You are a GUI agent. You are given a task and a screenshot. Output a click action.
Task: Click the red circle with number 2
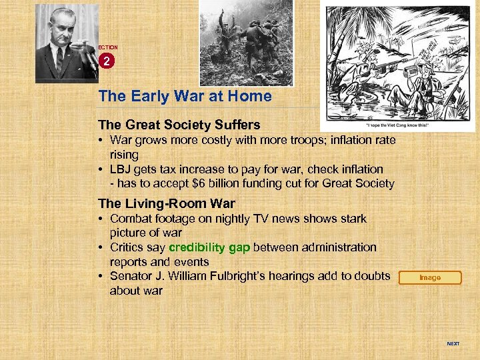(107, 61)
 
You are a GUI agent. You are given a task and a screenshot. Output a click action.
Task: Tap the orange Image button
(429, 278)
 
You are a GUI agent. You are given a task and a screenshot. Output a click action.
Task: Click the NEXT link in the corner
(453, 344)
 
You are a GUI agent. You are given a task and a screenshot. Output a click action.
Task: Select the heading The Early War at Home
(185, 96)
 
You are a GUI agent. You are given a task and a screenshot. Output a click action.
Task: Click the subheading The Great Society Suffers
(179, 125)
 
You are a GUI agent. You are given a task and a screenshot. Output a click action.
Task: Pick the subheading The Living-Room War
(166, 203)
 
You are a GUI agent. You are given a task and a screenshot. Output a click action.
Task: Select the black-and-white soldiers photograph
(246, 43)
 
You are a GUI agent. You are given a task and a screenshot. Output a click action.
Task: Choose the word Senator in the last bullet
(132, 276)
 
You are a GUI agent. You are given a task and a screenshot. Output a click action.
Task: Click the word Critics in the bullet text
(129, 247)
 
